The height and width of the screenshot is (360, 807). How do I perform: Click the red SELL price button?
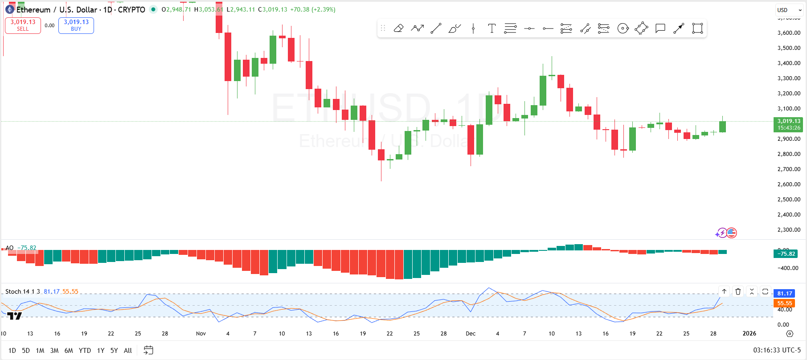(23, 25)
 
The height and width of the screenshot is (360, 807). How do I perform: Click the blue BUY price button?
(76, 25)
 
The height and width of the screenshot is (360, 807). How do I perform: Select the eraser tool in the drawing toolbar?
(398, 29)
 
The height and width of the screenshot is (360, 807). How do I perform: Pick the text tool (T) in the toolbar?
(492, 29)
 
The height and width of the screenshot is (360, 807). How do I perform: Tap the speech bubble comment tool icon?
(660, 29)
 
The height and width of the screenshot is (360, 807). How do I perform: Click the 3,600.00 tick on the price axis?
(789, 33)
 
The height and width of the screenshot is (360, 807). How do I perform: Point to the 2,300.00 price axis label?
(789, 230)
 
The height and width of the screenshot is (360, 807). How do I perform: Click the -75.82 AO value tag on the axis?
(786, 254)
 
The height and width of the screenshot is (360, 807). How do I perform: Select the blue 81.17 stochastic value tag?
(784, 294)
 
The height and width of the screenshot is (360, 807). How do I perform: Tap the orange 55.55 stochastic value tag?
(784, 303)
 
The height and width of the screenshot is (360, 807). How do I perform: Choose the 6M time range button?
(69, 351)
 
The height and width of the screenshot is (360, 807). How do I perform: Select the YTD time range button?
(85, 351)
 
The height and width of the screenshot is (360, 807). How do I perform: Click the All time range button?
(128, 351)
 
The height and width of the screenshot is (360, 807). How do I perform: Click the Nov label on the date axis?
(201, 334)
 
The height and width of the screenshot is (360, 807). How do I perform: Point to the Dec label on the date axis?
(471, 334)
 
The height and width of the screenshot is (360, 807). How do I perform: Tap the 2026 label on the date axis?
(749, 334)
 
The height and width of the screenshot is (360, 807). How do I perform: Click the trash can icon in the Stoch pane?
(738, 292)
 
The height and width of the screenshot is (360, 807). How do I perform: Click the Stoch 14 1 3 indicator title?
(22, 292)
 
